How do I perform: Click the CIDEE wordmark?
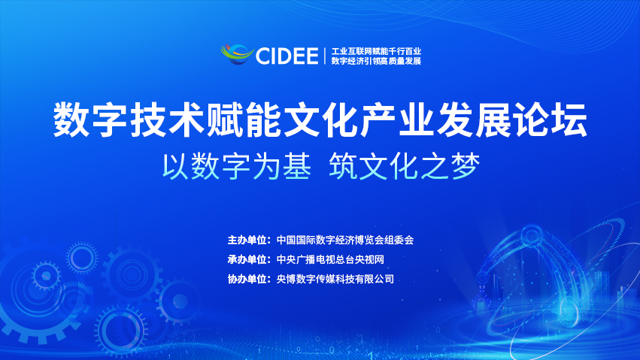point(287,56)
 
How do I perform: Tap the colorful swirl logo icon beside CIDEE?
point(237,54)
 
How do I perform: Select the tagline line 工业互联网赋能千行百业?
point(376,51)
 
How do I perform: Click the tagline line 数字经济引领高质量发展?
point(376,61)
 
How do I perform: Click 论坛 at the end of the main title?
point(550,120)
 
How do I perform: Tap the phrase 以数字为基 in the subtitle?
point(237,166)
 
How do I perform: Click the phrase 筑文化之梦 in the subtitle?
point(405,166)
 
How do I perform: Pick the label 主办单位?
point(247,241)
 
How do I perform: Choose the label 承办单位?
point(247,259)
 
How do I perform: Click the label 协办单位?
point(247,279)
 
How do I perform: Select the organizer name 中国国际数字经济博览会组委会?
point(345,241)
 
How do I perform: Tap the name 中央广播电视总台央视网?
point(330,259)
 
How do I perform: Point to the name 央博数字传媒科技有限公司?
point(335,279)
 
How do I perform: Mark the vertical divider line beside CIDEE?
point(325,56)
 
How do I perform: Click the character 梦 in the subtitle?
point(466,166)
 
